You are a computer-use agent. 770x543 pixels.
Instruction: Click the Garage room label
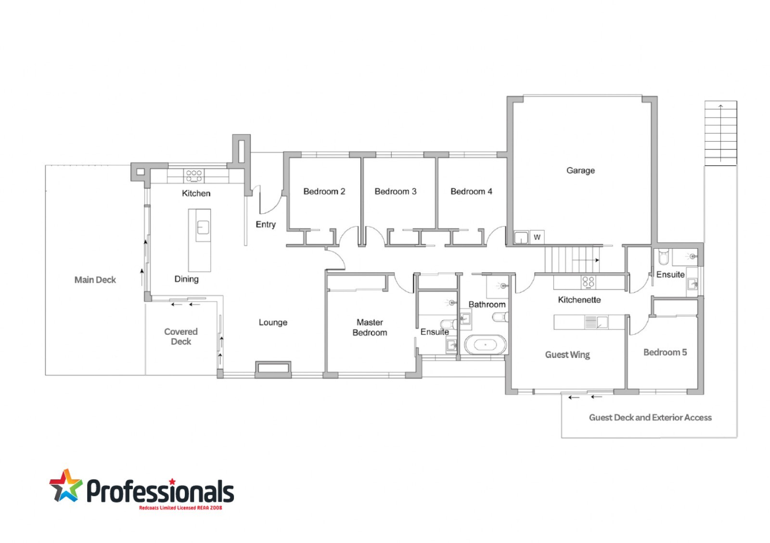580,171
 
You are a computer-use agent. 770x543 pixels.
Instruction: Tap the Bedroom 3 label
395,191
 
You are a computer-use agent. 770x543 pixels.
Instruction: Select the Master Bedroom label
370,327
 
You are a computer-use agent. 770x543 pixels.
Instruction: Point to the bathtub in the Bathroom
486,344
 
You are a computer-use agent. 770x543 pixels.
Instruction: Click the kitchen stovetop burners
194,175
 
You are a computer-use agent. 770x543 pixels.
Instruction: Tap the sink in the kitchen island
203,227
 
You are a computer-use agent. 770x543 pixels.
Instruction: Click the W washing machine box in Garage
537,237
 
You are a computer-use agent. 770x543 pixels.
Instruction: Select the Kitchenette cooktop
588,282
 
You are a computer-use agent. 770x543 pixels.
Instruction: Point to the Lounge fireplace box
273,368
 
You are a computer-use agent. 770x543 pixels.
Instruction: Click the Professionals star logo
65,486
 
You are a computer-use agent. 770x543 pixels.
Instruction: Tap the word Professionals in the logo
160,491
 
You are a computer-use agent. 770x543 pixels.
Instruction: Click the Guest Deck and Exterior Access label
650,417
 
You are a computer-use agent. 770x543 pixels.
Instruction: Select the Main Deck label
95,280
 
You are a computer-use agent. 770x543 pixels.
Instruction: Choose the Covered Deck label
181,336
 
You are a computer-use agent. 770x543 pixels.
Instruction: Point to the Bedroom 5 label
665,352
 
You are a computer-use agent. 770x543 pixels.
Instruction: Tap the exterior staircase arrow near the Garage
720,133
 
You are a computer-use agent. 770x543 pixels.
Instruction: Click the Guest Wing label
567,355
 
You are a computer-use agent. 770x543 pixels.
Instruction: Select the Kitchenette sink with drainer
596,322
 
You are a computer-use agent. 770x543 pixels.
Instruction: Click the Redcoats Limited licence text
180,508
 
